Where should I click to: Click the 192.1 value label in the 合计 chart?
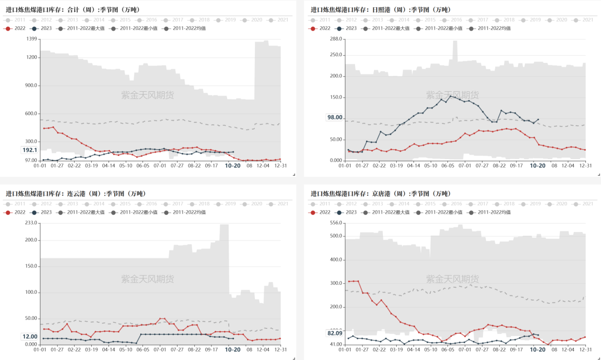[29, 150]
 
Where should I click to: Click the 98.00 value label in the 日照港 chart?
[334, 117]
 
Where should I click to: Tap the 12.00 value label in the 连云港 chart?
[29, 336]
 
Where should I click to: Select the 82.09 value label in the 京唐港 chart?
[334, 333]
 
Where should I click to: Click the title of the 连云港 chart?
[75, 194]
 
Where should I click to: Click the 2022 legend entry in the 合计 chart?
[16, 28]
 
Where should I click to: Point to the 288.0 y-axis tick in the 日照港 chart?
[335, 39]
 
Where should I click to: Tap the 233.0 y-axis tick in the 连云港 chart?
[31, 223]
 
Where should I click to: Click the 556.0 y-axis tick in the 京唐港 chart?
[335, 223]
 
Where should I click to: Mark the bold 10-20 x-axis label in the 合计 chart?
[233, 165]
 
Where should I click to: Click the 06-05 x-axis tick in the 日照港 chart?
[448, 165]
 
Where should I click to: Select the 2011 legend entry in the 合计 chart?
[16, 19]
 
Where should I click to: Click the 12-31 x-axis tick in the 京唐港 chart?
[585, 349]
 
